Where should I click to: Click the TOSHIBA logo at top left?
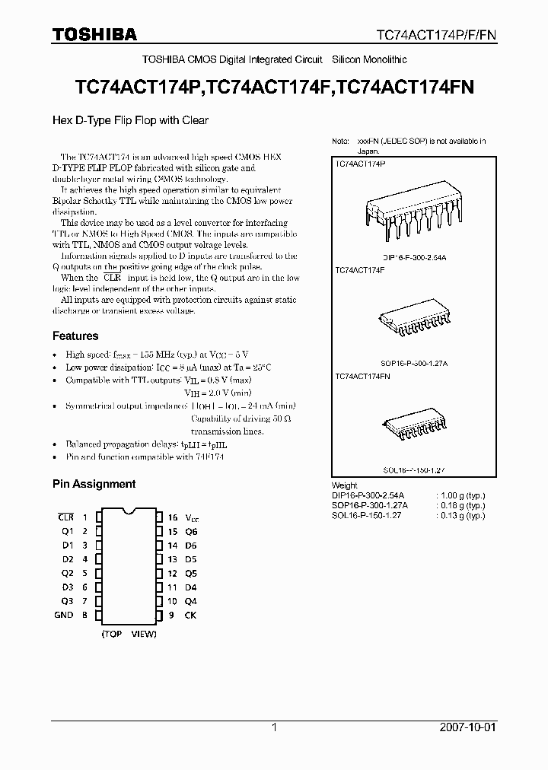94,33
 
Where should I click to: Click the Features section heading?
75,336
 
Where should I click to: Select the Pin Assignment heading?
94,484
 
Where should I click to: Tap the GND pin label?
64,615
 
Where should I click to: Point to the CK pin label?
190,615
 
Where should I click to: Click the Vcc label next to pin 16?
192,517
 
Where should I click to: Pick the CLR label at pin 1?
66,517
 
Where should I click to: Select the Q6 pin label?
191,531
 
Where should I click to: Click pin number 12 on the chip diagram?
173,573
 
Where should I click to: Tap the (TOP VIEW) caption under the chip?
129,633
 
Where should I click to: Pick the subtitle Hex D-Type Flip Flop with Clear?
130,120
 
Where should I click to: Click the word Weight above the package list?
345,485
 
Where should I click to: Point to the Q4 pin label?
191,601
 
